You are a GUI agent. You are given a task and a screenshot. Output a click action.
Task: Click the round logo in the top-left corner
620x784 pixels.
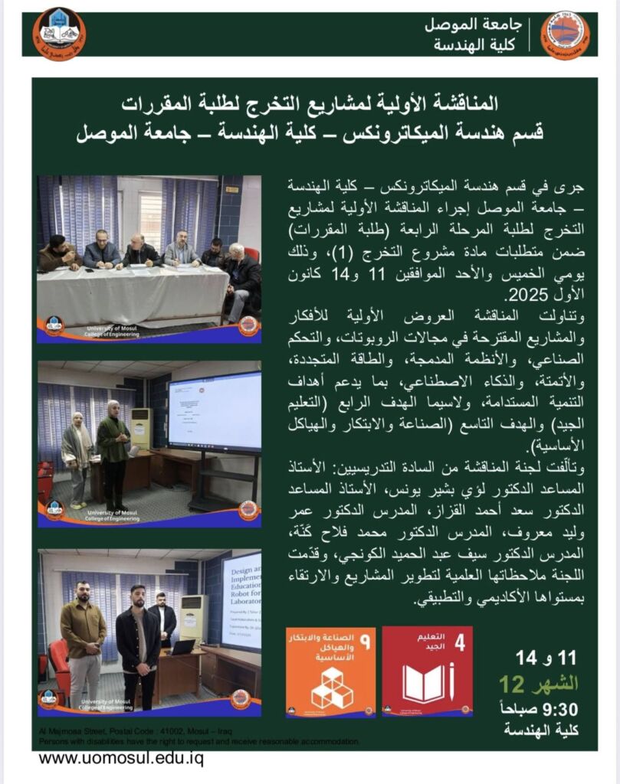click(x=59, y=34)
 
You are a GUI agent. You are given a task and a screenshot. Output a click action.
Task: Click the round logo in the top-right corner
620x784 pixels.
click(x=565, y=34)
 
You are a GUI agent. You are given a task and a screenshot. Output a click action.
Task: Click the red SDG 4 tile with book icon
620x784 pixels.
click(x=427, y=671)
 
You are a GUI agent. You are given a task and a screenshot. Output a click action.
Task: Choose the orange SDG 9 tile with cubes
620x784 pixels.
click(x=330, y=671)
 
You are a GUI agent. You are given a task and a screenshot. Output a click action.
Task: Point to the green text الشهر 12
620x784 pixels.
click(x=539, y=683)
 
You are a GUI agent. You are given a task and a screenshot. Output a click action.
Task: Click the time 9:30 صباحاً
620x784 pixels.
click(x=546, y=709)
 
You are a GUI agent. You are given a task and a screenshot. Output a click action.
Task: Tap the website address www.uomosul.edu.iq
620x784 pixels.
click(x=120, y=759)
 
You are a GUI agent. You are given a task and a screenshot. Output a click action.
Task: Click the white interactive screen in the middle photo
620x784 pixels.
click(x=214, y=411)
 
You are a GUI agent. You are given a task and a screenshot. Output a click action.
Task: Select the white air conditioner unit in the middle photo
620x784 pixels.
click(x=141, y=428)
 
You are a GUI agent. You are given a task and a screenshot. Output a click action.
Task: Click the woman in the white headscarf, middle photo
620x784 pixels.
click(x=77, y=455)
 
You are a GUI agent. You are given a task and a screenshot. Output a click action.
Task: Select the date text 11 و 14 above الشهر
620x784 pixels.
click(x=546, y=657)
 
